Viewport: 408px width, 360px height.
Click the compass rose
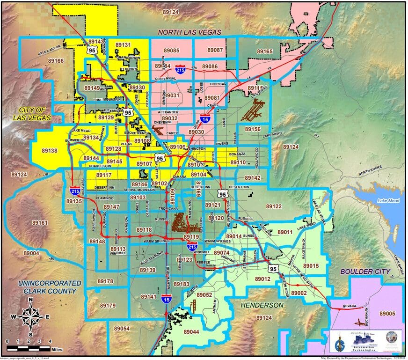point(30,316)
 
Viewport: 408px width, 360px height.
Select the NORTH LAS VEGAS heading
point(189,32)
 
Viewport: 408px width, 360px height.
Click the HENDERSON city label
point(262,305)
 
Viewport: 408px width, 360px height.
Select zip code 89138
point(49,151)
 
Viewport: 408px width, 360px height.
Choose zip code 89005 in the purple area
point(388,313)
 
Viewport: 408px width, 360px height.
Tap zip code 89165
point(264,51)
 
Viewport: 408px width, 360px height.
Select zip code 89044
point(191,331)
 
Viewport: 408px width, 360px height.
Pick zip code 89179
point(107,306)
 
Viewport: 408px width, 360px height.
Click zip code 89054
point(121,329)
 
